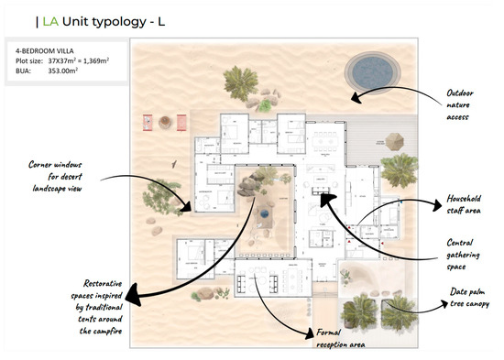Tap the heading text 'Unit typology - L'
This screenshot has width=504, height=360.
(x=102, y=19)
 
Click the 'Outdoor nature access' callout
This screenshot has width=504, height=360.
(x=458, y=104)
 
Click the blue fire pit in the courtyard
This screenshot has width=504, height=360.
(x=263, y=212)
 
